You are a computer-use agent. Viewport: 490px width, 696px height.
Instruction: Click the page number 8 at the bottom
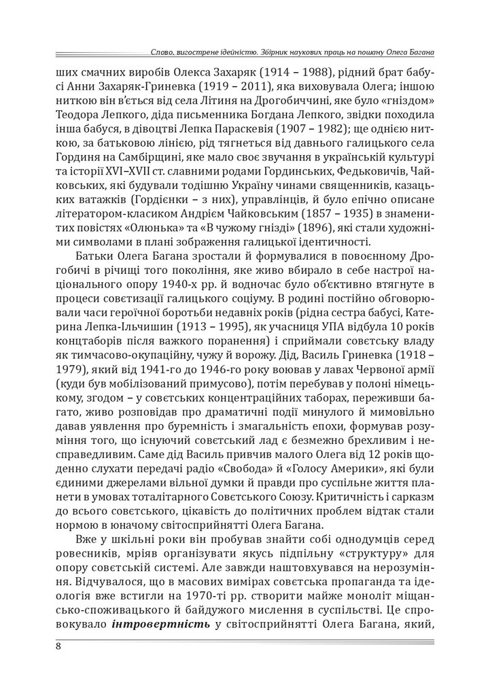pos(59,645)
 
